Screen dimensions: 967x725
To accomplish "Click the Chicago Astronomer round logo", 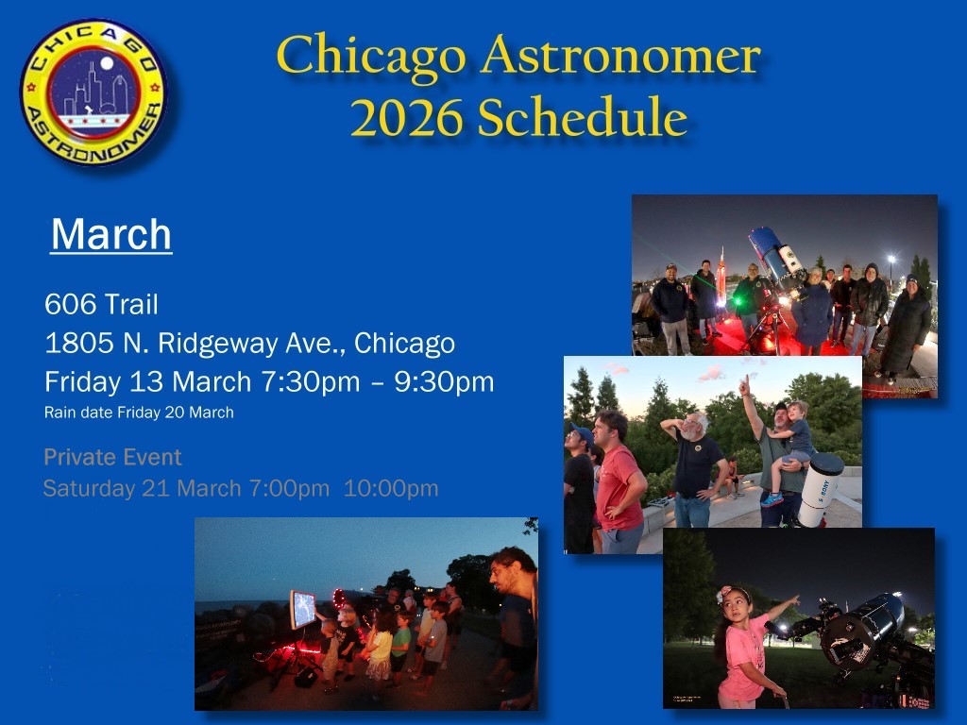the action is pos(93,93).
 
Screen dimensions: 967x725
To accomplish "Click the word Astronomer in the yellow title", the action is pos(621,57).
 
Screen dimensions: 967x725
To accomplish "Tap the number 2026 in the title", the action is pos(406,117).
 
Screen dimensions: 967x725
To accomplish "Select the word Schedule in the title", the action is pos(583,116).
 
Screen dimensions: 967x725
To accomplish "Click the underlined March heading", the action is pos(111,234).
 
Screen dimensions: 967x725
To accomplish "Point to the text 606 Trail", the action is pos(101,304).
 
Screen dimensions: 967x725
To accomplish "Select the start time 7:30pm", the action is pos(310,382).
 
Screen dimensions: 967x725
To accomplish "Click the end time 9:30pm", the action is pos(444,382).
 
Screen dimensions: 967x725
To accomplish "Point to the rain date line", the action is pos(139,413).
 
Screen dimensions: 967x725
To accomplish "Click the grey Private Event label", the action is pos(112,457).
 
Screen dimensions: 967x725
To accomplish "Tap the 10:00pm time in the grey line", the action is pos(391,488).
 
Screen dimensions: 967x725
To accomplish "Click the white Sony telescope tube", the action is pos(821,489).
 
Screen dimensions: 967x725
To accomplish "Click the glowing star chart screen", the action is pos(303,609).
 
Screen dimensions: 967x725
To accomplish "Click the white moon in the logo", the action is pos(107,63).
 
